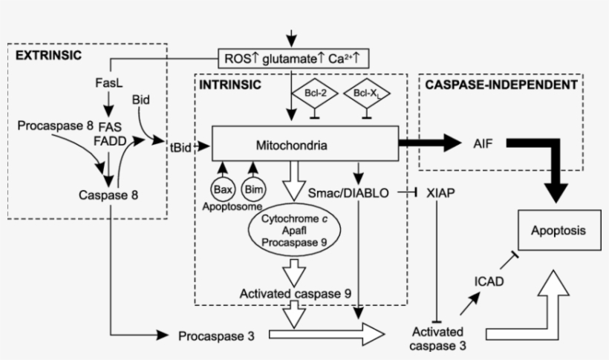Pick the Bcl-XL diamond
[x=367, y=94]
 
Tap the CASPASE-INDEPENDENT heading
[x=501, y=85]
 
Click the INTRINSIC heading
[x=229, y=85]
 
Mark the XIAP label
[x=440, y=193]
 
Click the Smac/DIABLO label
[x=348, y=193]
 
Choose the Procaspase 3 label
[x=216, y=336]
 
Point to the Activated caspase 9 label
[x=295, y=294]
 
